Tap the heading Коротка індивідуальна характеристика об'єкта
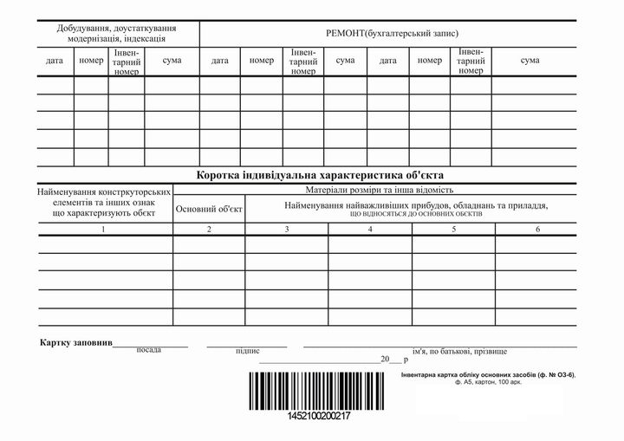point(319,173)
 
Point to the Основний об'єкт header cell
point(209,208)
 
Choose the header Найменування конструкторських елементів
point(103,202)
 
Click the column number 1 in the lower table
point(103,229)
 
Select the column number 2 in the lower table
point(209,229)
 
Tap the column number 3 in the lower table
point(286,229)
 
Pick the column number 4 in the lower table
point(370,229)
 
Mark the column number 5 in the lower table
point(453,229)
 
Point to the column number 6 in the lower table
point(537,229)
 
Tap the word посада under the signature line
point(149,351)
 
